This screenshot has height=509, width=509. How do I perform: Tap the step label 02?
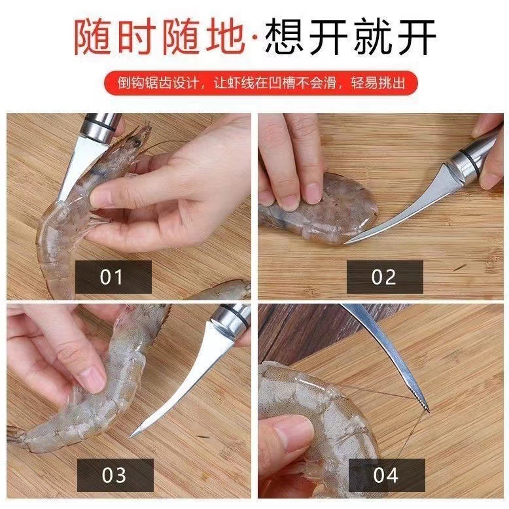click(x=384, y=277)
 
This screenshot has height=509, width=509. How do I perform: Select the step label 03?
click(x=114, y=474)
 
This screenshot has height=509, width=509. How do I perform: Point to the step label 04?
click(x=386, y=474)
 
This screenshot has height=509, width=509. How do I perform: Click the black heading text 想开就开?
click(x=351, y=37)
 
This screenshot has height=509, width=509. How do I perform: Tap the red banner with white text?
click(x=254, y=84)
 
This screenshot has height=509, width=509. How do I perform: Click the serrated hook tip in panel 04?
click(x=423, y=400)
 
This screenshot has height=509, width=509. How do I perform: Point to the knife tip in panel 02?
click(x=347, y=242)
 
